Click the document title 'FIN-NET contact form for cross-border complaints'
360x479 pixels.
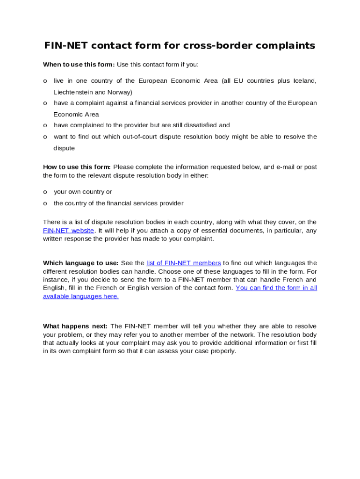pyautogui.click(x=180, y=45)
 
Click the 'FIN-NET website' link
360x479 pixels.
pyautogui.click(x=68, y=231)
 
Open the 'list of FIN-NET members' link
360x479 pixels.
pyautogui.click(x=183, y=263)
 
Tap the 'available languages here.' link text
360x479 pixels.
pyautogui.click(x=80, y=297)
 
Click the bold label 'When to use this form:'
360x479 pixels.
pyautogui.click(x=79, y=65)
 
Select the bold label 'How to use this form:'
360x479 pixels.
pyautogui.click(x=77, y=167)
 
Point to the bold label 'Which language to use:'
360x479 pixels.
pyautogui.click(x=80, y=263)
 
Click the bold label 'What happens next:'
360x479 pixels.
pyautogui.click(x=75, y=326)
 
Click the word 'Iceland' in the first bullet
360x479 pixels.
pyautogui.click(x=304, y=81)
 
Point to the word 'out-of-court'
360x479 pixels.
pyautogui.click(x=137, y=137)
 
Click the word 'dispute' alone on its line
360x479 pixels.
pyautogui.click(x=64, y=148)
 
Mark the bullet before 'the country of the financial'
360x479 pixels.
pyautogui.click(x=45, y=203)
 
